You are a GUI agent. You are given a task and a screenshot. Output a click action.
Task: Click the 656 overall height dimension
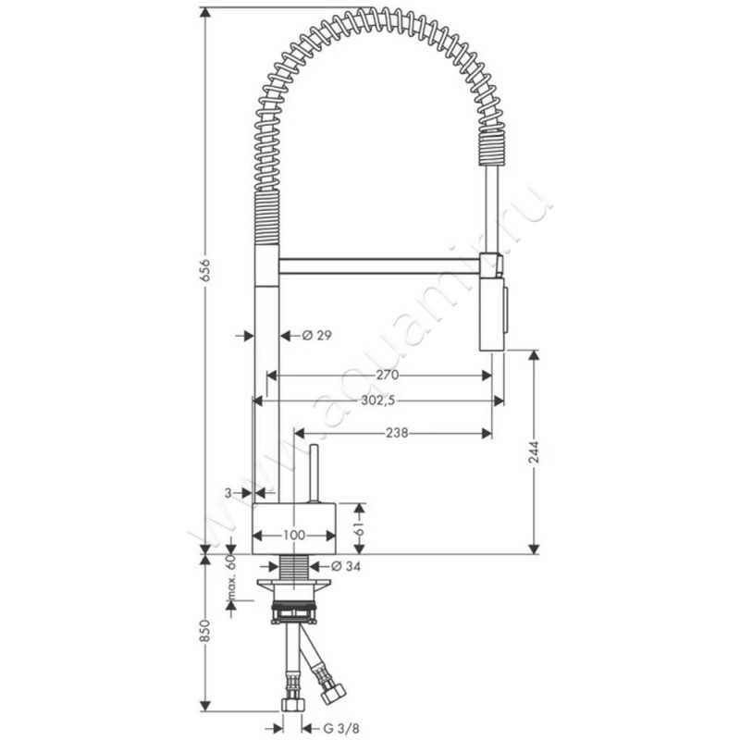point(204,271)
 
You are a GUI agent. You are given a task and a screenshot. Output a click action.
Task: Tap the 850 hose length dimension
point(204,631)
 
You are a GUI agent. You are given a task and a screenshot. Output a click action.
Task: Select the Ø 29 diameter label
point(316,335)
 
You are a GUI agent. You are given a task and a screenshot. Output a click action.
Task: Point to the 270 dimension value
point(387,376)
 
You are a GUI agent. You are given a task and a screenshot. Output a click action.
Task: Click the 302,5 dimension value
point(377,401)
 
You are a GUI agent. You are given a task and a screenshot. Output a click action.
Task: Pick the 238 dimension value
point(397,433)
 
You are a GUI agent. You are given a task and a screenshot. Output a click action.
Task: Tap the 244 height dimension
point(534,452)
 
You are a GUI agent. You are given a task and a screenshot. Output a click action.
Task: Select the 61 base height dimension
point(360,528)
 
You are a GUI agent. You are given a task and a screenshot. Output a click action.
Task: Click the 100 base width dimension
point(294,536)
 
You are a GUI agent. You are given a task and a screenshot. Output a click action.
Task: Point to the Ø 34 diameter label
point(345,566)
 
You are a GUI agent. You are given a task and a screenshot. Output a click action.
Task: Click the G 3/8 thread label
point(338,728)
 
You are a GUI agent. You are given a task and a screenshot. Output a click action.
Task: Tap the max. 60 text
point(230,577)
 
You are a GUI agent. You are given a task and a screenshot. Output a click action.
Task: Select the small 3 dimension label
point(228,493)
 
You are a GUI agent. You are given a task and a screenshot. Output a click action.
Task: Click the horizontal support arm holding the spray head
point(379,266)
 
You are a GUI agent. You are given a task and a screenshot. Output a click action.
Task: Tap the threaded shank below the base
point(293,567)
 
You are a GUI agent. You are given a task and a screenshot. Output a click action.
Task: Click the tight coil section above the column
point(267,217)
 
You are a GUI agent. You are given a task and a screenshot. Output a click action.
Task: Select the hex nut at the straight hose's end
point(292,705)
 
